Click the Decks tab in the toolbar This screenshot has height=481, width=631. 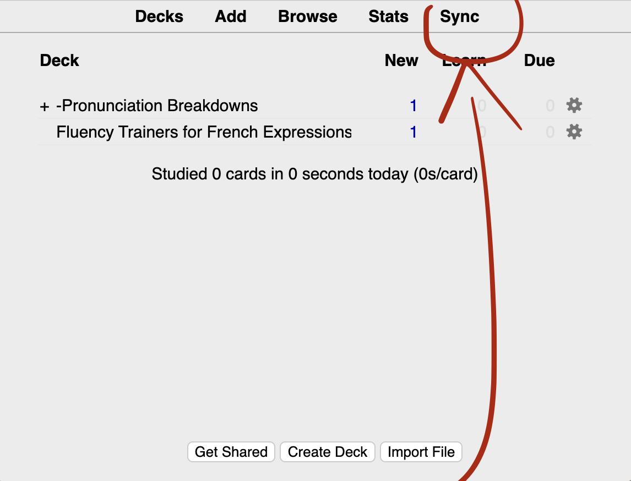click(x=159, y=17)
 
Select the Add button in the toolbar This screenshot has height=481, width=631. click(x=231, y=17)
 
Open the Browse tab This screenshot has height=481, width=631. click(x=308, y=17)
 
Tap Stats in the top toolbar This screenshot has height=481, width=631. click(x=389, y=17)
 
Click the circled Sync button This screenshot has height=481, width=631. click(x=460, y=17)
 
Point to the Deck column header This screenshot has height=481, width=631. click(x=59, y=61)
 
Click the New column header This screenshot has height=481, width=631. click(x=401, y=61)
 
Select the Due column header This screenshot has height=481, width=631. click(x=539, y=61)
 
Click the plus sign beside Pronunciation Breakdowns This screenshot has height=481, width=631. click(x=45, y=106)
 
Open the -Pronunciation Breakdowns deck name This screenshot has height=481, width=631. click(x=157, y=106)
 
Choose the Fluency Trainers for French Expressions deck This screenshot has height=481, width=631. click(x=204, y=132)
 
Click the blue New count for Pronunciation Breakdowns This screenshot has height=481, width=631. click(x=414, y=106)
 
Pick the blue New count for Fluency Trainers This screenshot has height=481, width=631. click(x=414, y=132)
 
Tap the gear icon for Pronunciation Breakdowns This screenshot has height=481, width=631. click(x=574, y=105)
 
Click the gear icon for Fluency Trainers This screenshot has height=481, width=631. click(x=574, y=132)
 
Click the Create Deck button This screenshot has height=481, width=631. click(x=328, y=452)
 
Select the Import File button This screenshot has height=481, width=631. click(x=421, y=452)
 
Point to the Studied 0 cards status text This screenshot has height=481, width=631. click(x=314, y=174)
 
